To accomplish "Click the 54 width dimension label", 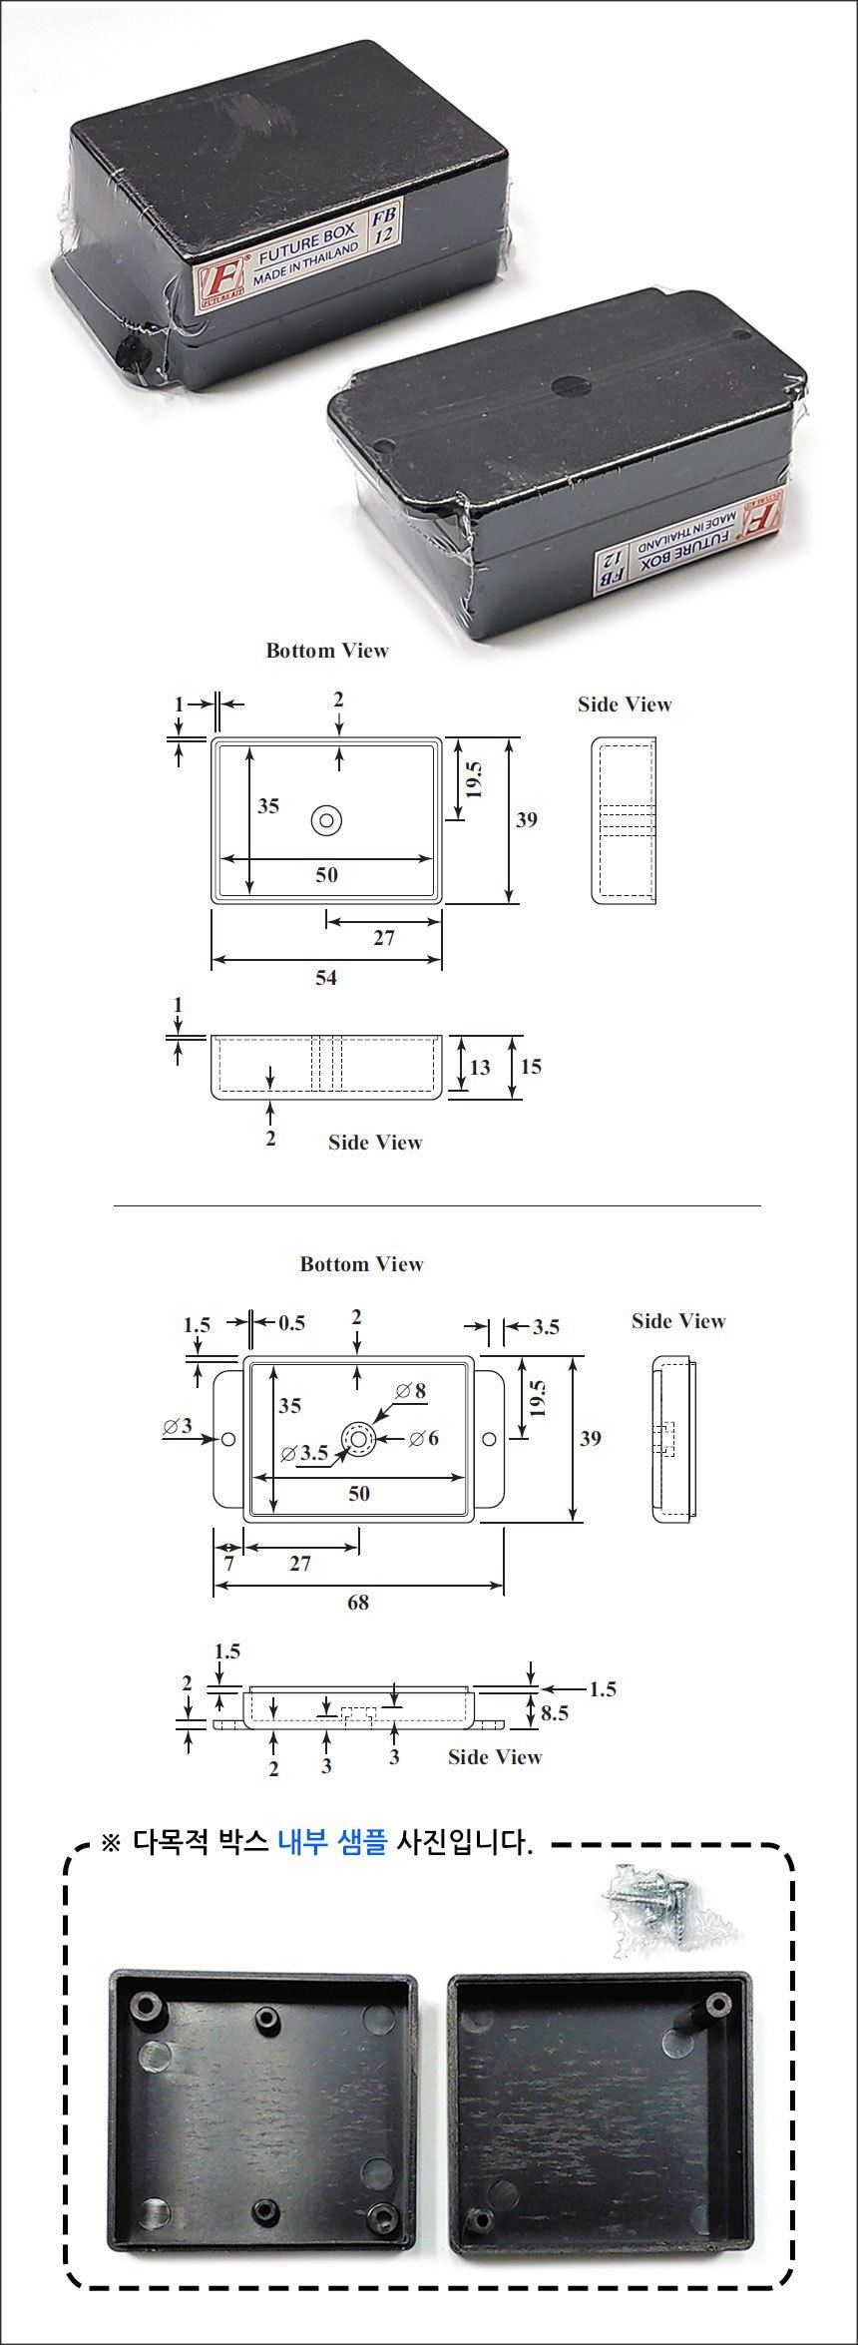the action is point(326,978).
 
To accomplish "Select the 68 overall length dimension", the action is point(358,1602).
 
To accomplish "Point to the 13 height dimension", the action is point(480,1068).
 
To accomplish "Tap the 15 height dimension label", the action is point(531,1067).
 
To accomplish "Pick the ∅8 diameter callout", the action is point(411,1390).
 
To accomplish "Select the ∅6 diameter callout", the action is point(424,1438).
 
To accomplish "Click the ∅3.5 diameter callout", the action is point(305,1453).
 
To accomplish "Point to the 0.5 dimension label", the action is point(291,1323).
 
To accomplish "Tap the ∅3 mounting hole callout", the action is point(178,1427).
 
